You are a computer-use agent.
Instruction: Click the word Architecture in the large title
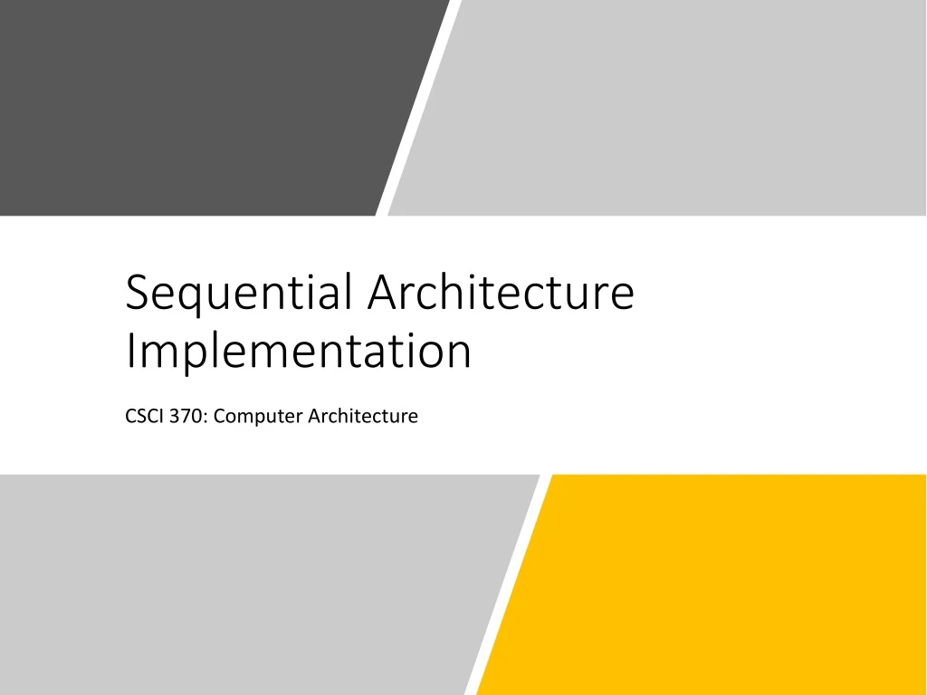502,293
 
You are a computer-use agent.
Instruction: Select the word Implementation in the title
299,352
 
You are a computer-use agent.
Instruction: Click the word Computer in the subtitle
259,417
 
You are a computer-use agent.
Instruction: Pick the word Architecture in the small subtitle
363,417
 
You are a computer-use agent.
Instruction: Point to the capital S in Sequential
137,294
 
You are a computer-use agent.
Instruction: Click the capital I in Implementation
129,351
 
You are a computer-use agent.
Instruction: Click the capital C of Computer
221,417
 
